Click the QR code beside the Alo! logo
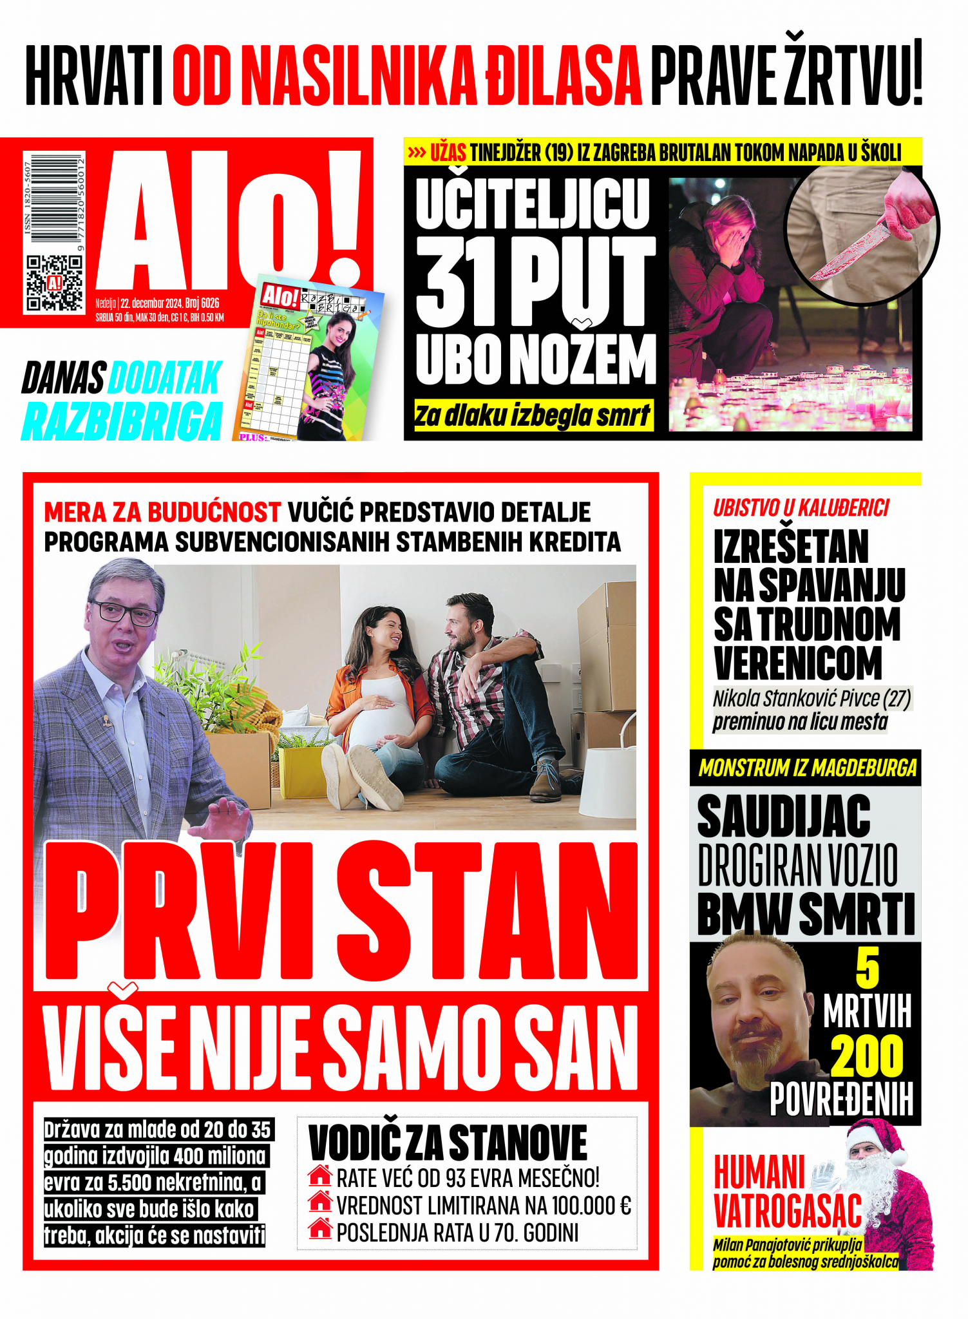pos(54,283)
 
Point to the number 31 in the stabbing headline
pos(455,281)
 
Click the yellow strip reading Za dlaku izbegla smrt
pos(532,415)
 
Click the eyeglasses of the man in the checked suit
pos(124,611)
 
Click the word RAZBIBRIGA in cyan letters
pos(122,421)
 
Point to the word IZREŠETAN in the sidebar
pos(791,547)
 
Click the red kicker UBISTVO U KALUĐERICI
pos(801,508)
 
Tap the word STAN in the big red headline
pos(487,911)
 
